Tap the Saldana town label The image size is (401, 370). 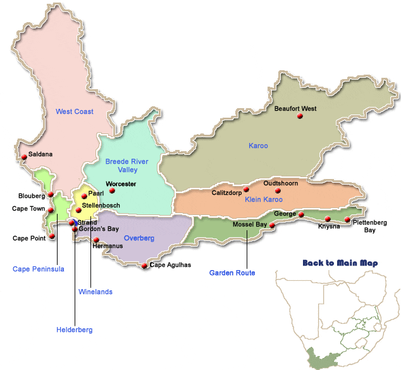coord(40,154)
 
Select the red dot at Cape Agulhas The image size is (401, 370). coord(145,266)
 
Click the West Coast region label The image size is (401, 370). coord(75,112)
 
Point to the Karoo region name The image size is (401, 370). coord(258,146)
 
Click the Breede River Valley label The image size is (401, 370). coord(126,166)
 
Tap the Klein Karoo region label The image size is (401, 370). coord(263,200)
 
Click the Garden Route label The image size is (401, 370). coord(232,273)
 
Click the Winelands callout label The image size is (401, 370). coord(95,292)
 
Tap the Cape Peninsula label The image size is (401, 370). coord(39,269)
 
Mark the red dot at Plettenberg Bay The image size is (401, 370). coord(347,219)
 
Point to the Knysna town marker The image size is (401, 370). coord(328,219)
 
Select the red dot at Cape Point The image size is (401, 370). coord(52,237)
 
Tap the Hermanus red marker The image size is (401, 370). coord(96,240)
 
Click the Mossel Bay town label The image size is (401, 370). coord(249,225)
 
